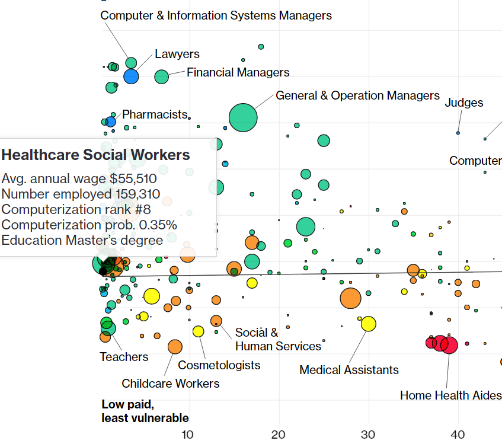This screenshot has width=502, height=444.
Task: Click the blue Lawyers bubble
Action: [x=131, y=76]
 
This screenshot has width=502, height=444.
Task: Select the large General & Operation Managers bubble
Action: [x=243, y=117]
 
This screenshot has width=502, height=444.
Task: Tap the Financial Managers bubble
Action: [x=162, y=76]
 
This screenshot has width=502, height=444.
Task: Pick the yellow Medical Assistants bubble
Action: [x=368, y=324]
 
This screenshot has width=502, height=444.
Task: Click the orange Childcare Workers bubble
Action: [x=175, y=347]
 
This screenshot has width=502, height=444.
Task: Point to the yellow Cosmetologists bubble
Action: [x=198, y=331]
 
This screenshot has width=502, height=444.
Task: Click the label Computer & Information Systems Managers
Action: [x=216, y=15]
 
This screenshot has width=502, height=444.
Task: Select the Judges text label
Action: [x=463, y=103]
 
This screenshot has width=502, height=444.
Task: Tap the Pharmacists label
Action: [x=154, y=114]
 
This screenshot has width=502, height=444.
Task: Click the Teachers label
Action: [x=124, y=357]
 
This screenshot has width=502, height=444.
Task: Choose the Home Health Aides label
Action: [x=450, y=395]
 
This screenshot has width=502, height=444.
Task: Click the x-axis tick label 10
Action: [x=188, y=434]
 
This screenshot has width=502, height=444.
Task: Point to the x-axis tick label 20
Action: [x=279, y=434]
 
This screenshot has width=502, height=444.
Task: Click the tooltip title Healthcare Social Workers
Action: [x=95, y=155]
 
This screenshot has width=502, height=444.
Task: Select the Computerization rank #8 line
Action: [x=76, y=210]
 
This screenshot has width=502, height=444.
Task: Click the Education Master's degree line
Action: [x=82, y=240]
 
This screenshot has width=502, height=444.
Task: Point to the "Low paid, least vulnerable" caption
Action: [x=145, y=411]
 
